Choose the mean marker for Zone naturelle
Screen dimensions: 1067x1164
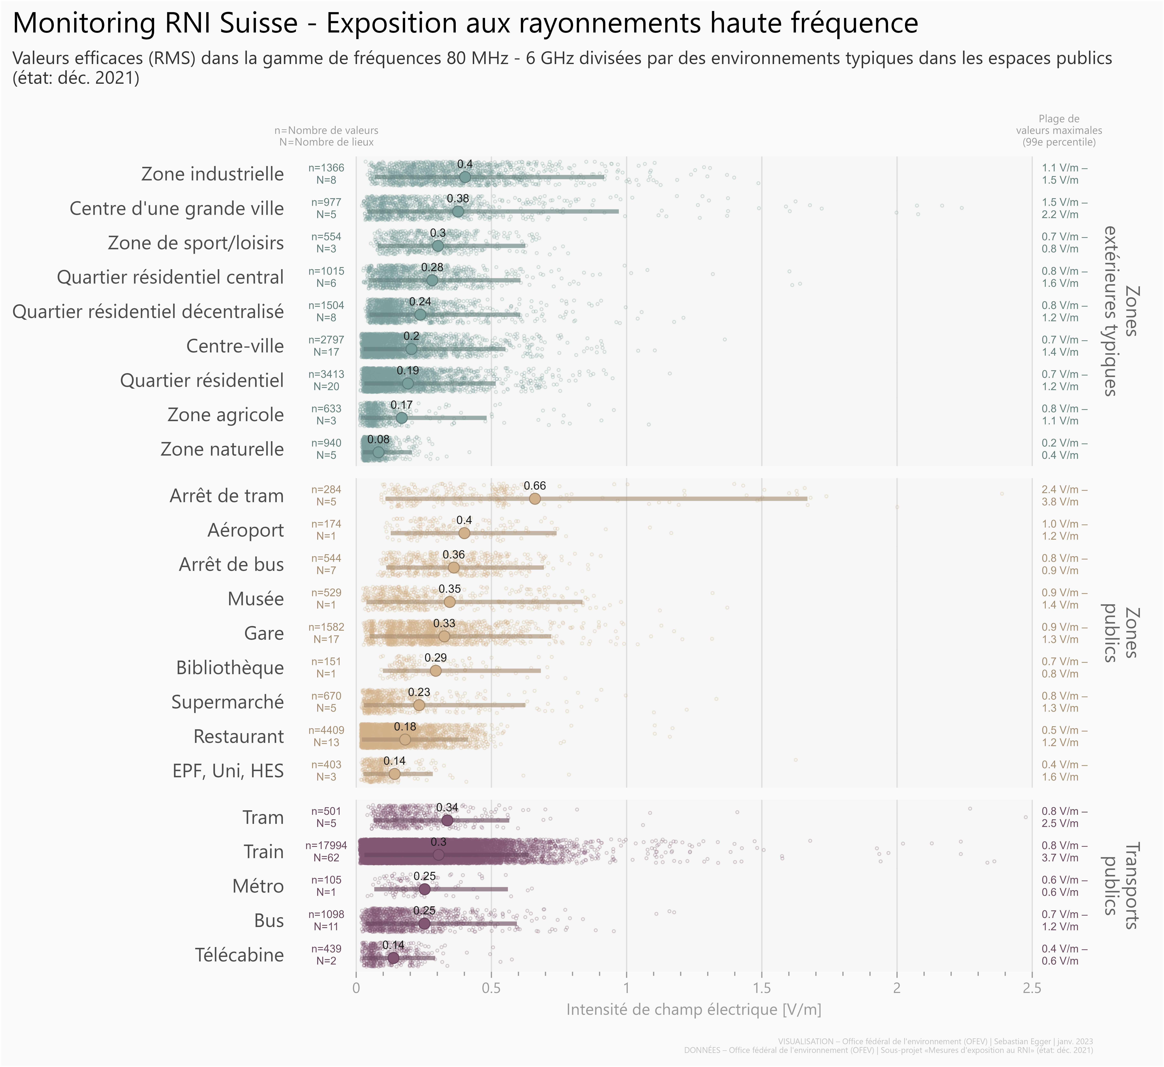378,452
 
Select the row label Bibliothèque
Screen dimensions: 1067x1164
230,668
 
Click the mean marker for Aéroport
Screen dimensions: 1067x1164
464,533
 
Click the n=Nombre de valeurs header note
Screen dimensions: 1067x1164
326,130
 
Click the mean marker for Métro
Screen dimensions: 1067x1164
424,889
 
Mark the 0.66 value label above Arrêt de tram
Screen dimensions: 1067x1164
535,486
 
